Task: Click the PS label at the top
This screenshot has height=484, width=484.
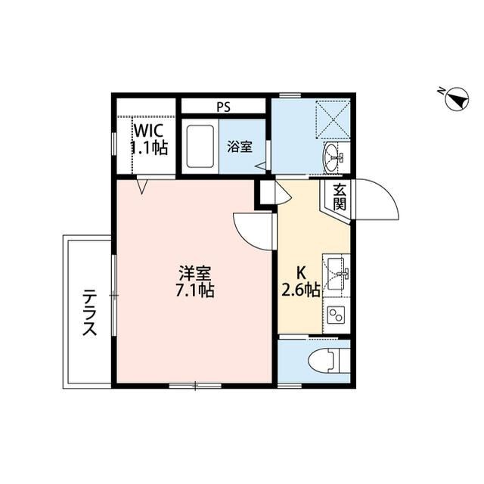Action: click(223, 107)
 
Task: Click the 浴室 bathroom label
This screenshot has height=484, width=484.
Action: click(240, 147)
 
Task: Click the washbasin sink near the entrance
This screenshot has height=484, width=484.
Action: click(334, 157)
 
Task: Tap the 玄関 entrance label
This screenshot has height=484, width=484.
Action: click(339, 197)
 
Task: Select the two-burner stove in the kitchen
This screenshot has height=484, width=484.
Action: click(335, 313)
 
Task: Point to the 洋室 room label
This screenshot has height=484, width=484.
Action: click(195, 272)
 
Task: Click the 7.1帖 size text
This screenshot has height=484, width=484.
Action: click(195, 290)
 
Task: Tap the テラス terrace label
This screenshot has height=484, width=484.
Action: click(89, 312)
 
